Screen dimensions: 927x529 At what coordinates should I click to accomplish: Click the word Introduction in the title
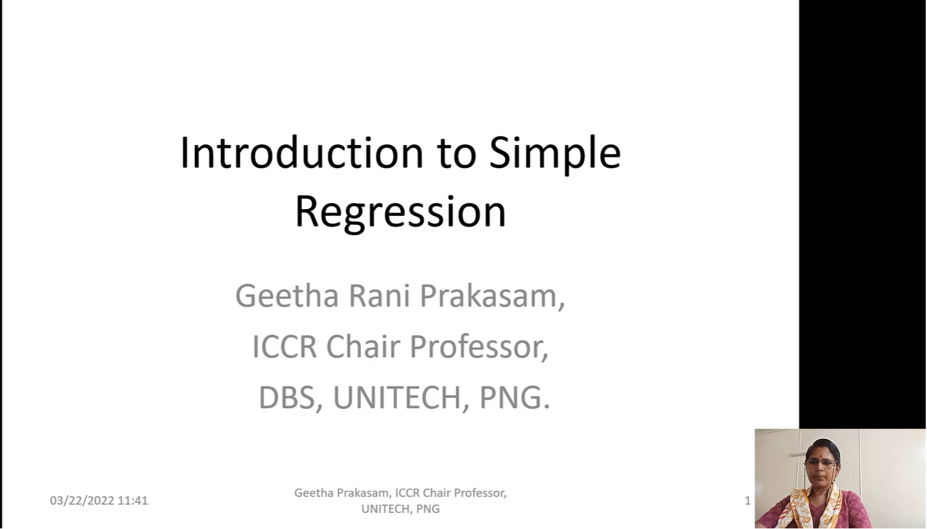pos(302,152)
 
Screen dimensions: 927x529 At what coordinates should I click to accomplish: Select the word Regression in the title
pos(400,213)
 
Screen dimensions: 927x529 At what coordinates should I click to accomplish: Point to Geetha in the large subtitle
pos(287,296)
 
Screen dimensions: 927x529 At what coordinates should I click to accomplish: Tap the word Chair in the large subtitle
pos(363,347)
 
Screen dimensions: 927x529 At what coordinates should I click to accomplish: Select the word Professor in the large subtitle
pos(479,347)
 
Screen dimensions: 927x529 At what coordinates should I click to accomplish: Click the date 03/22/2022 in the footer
pos(82,500)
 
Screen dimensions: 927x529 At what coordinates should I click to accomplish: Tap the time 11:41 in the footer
pos(133,500)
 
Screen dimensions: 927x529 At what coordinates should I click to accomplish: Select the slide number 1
pos(748,501)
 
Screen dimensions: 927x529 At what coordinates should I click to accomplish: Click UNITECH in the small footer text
pos(387,508)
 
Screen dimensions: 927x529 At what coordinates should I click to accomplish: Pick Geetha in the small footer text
pos(313,493)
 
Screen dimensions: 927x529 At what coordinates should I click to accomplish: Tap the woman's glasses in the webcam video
pos(821,463)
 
